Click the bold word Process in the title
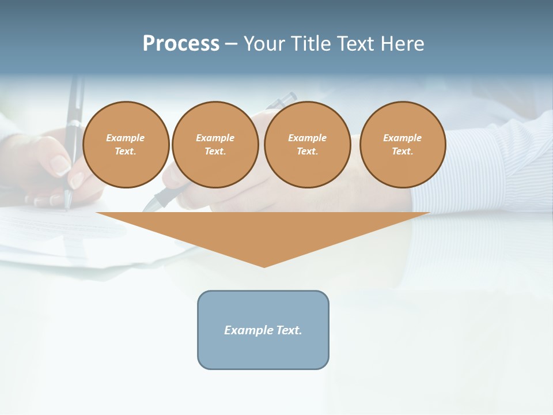coord(181,44)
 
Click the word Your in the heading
coord(266,44)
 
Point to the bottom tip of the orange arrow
coord(264,266)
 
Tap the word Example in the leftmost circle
coord(126,138)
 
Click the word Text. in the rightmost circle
coord(403,152)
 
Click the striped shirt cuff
coord(490,167)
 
